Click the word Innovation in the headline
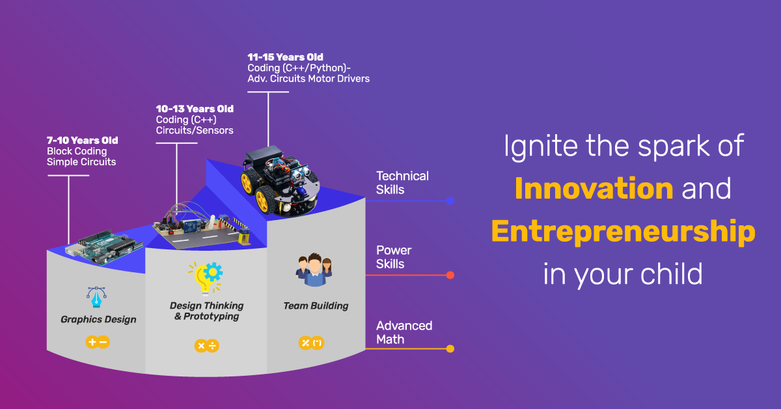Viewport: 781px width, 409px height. pos(594,188)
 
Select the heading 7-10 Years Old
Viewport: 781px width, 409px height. pos(82,140)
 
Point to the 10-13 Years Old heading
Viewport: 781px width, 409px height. pos(195,109)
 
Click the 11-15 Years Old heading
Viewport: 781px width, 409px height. pos(285,57)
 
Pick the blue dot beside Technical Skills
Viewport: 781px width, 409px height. pos(450,201)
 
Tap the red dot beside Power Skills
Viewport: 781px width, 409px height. pos(450,275)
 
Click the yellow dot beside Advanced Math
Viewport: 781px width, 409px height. pos(450,348)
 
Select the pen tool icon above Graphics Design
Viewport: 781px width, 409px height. pos(96,297)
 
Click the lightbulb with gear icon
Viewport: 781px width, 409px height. pos(206,278)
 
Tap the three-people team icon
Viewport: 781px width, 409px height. pos(314,270)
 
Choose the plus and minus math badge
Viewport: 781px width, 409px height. pos(98,342)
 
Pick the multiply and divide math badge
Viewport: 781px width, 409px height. pos(207,346)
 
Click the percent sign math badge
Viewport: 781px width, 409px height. pos(311,343)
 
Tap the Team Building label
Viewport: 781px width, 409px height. pos(316,306)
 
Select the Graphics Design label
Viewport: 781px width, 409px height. pos(98,320)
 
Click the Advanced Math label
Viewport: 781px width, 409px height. pos(404,333)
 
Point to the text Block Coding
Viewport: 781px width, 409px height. pos(77,152)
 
